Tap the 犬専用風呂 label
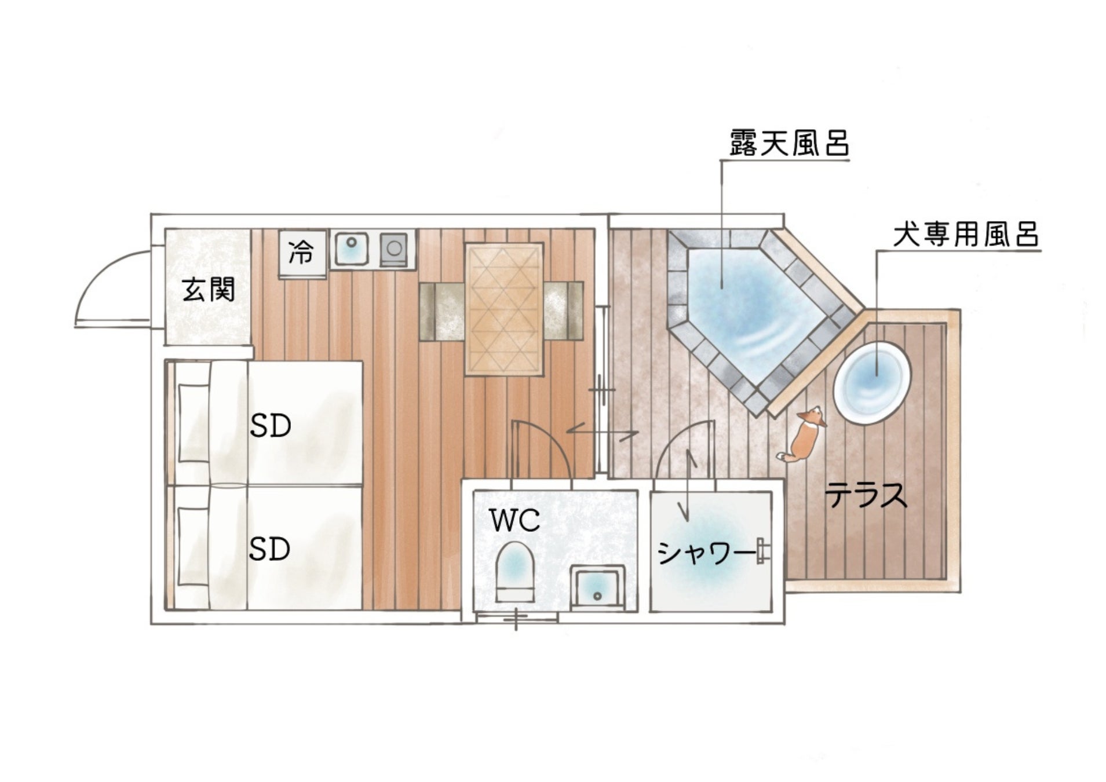coord(966,235)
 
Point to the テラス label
coord(866,496)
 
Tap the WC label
coord(515,520)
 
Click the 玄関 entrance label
coord(209,290)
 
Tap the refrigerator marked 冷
coord(301,253)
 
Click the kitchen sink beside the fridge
coord(351,249)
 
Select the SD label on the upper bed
coord(270,427)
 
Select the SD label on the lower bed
coord(270,549)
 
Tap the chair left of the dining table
coord(442,310)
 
